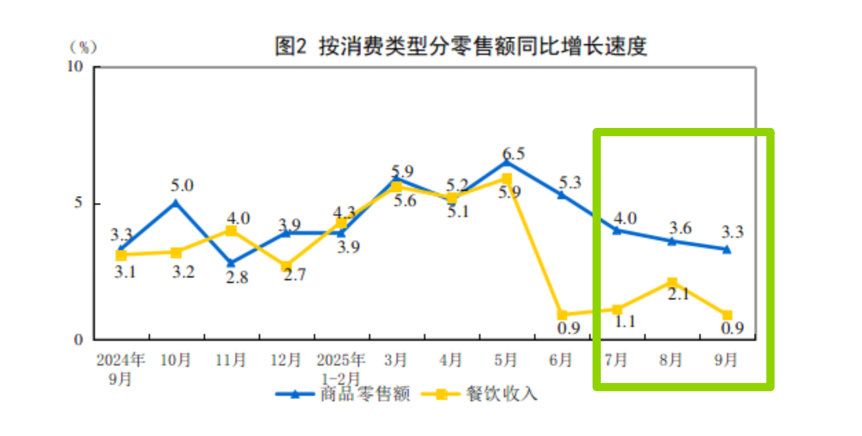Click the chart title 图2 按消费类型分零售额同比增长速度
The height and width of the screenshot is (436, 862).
[x=461, y=47]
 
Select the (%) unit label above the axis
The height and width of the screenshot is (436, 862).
[x=84, y=47]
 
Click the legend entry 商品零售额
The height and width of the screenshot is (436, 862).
[x=364, y=394]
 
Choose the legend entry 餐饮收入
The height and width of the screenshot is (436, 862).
[x=502, y=394]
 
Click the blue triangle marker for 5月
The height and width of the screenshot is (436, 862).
[x=507, y=162]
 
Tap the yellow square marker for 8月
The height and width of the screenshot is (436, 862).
[x=672, y=283]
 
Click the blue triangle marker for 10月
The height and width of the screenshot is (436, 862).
[x=176, y=203]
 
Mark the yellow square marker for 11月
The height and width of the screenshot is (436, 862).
[x=231, y=231]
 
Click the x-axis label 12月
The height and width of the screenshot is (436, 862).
[x=286, y=360]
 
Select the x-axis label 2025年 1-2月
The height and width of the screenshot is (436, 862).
[x=341, y=368]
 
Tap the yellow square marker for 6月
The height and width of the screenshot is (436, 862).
[x=562, y=315]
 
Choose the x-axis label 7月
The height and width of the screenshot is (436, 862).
[x=616, y=360]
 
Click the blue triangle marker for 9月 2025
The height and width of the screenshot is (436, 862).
[x=727, y=249]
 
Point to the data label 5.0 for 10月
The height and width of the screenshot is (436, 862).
[x=183, y=185]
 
